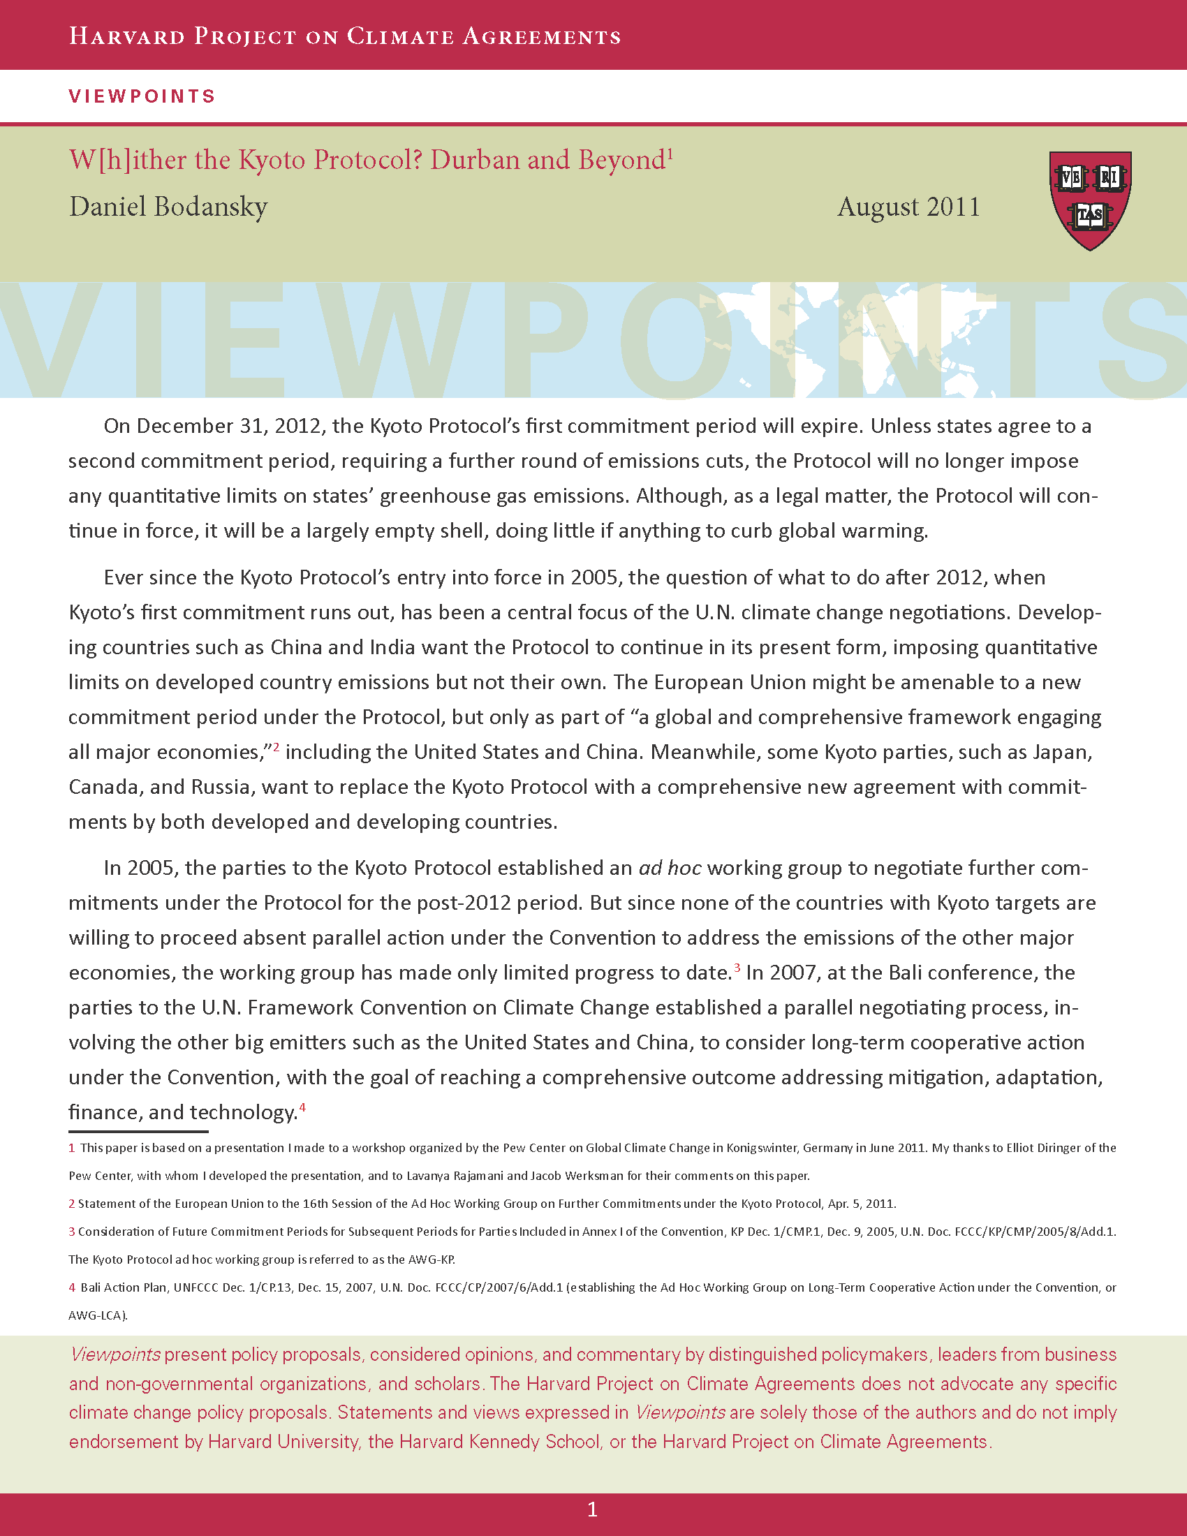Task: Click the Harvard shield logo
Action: pyautogui.click(x=1090, y=200)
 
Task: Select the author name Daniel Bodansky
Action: pyautogui.click(x=168, y=207)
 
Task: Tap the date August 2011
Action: pyautogui.click(x=908, y=207)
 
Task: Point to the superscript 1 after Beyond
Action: pyautogui.click(x=671, y=153)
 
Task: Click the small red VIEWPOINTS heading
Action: pyautogui.click(x=142, y=96)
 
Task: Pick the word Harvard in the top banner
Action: pyautogui.click(x=126, y=36)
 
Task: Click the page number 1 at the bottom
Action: pyautogui.click(x=592, y=1509)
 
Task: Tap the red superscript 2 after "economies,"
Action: pyautogui.click(x=277, y=747)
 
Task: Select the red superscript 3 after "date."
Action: pyautogui.click(x=737, y=968)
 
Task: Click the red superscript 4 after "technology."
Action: pyautogui.click(x=302, y=1108)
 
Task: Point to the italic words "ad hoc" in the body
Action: pyautogui.click(x=670, y=868)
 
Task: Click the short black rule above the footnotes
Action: pyautogui.click(x=138, y=1132)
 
